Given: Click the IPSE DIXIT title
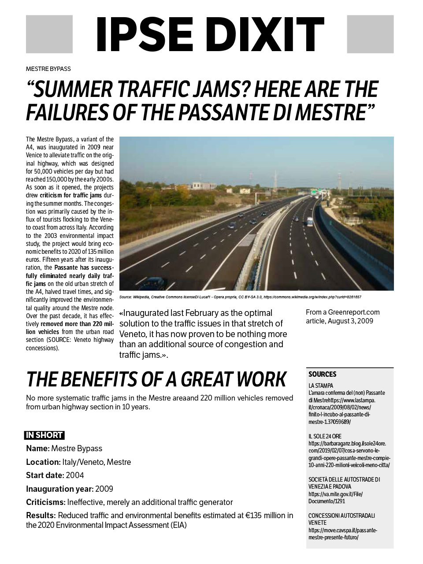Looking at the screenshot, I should (210, 34).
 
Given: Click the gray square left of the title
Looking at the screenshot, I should (49, 34).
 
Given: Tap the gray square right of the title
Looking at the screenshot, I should (370, 34).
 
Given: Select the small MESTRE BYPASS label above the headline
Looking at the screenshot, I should (48, 69).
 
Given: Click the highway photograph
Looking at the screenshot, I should (256, 213).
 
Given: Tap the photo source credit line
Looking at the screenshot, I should (240, 297).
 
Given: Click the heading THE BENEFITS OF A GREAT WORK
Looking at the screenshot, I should (156, 379).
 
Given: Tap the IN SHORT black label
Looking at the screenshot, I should (44, 435).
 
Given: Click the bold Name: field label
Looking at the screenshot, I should (37, 449).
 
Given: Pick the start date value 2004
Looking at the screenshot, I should (74, 475).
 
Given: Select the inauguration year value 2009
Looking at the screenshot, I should (104, 489).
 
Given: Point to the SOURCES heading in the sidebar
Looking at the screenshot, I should (322, 375).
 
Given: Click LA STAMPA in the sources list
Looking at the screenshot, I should (321, 386).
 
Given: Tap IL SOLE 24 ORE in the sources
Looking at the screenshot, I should (325, 436).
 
